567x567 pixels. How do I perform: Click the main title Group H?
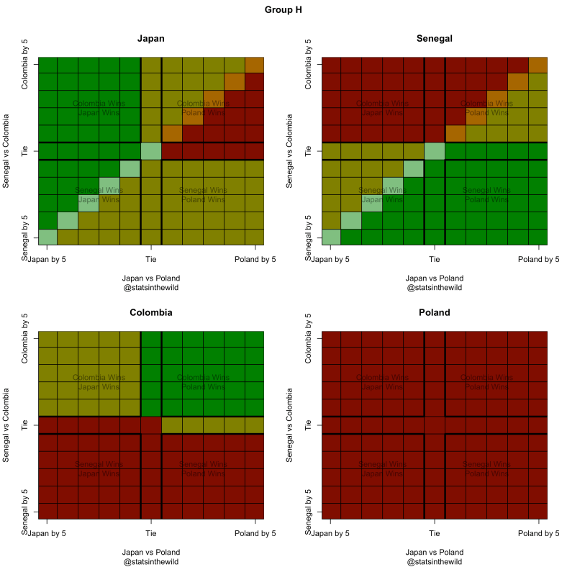283,11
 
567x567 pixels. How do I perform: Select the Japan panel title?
151,39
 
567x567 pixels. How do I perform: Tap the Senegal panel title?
434,39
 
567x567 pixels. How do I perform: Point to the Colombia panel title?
151,313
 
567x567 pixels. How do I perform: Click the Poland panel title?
434,313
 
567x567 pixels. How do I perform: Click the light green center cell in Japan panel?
151,151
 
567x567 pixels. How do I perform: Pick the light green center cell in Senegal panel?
435,151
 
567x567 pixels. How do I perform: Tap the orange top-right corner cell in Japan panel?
255,64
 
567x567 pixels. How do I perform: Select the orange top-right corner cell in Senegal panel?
538,64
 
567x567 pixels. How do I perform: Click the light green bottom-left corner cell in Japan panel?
47,237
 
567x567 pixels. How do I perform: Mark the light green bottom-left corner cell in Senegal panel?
330,237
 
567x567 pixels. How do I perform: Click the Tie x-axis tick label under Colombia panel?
151,533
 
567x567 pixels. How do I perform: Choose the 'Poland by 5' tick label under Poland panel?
539,533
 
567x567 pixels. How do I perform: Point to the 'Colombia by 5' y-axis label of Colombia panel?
26,338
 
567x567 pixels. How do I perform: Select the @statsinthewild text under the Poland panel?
434,562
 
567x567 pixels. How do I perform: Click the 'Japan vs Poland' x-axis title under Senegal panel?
434,278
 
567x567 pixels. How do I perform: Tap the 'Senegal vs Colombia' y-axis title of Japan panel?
7,151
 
